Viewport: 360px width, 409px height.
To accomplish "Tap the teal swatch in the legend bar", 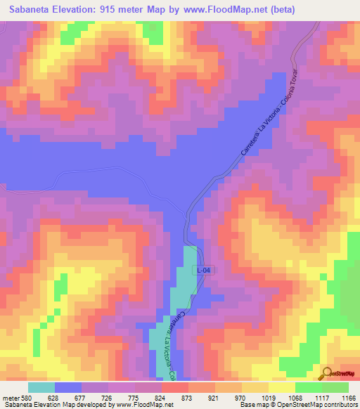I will [41, 387].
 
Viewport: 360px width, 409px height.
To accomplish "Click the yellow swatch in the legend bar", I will [282, 387].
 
